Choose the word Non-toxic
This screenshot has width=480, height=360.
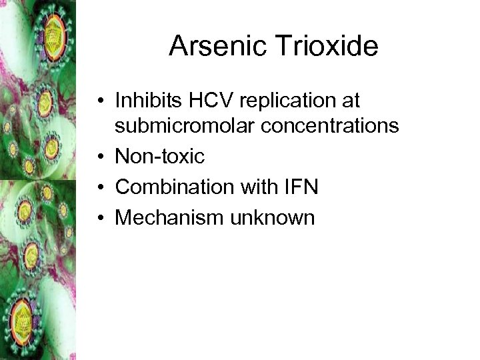tap(159, 155)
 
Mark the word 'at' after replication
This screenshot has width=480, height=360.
tap(351, 101)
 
